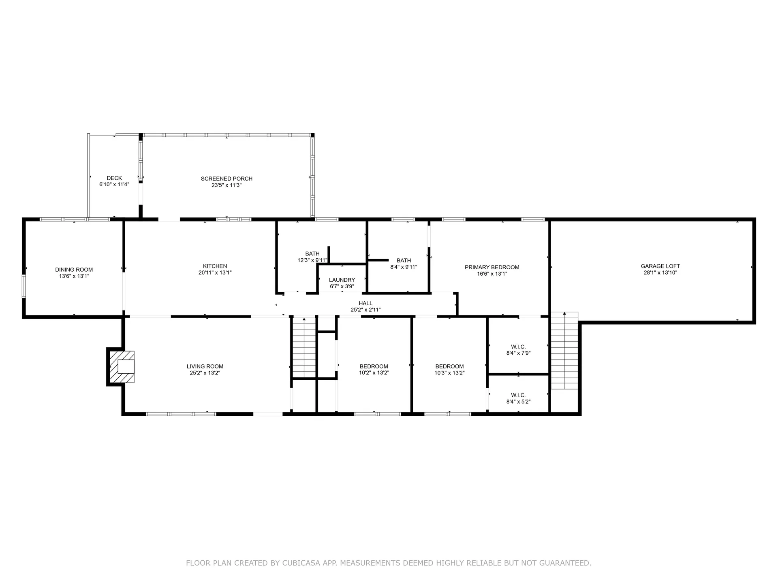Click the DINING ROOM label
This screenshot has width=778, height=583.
[74, 270]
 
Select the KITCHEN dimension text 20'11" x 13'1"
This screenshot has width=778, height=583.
[215, 273]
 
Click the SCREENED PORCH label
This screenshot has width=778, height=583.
[227, 179]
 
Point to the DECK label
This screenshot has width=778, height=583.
[114, 178]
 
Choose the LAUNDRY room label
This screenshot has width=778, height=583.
[342, 280]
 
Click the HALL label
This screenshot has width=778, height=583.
[365, 303]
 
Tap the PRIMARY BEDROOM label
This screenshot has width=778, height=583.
[492, 267]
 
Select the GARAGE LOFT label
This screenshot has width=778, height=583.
[660, 266]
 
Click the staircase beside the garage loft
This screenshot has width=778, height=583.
[564, 351]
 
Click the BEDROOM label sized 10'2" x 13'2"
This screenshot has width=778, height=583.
[374, 366]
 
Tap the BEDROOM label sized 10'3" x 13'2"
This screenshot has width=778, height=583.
[449, 366]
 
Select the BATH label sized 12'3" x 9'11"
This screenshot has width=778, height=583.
[312, 254]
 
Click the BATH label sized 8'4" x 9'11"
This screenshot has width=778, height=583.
[404, 260]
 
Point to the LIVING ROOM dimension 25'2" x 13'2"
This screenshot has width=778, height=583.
[205, 373]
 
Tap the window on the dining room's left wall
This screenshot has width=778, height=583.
[24, 286]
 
